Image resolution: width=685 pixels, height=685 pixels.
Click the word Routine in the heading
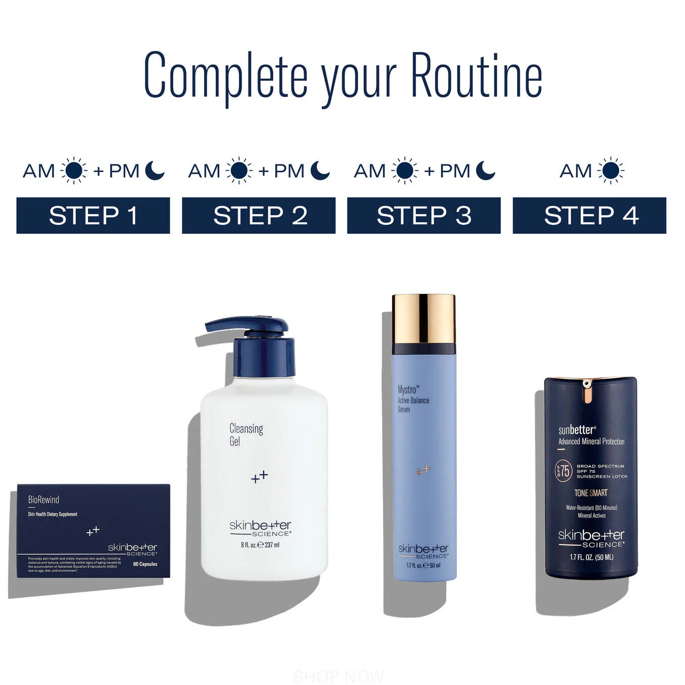pyautogui.click(x=476, y=76)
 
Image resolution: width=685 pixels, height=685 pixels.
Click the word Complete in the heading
pyautogui.click(x=226, y=76)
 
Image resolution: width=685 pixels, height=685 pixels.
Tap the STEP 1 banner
pyautogui.click(x=93, y=216)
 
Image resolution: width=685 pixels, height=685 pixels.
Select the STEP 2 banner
pyautogui.click(x=259, y=216)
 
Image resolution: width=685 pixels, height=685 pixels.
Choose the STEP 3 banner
pyautogui.click(x=424, y=216)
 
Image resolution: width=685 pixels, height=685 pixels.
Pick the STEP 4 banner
pyautogui.click(x=590, y=216)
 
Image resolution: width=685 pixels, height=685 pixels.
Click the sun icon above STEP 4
pyautogui.click(x=610, y=171)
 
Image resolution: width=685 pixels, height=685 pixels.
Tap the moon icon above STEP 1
pyautogui.click(x=154, y=171)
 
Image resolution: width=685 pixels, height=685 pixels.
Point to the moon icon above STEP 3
pyautogui.click(x=485, y=171)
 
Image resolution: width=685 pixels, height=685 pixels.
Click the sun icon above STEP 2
pyautogui.click(x=239, y=171)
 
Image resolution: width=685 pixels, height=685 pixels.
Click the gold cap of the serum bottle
pyautogui.click(x=424, y=318)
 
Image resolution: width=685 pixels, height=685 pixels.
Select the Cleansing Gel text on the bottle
pyautogui.click(x=246, y=434)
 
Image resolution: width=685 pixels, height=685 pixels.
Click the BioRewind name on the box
pyautogui.click(x=44, y=500)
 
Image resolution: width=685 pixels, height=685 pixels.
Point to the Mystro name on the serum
pyautogui.click(x=408, y=389)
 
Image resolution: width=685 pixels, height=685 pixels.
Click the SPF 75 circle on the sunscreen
pyautogui.click(x=563, y=471)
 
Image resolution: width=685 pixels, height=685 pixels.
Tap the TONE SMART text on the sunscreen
pyautogui.click(x=591, y=493)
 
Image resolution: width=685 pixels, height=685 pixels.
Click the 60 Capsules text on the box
pyautogui.click(x=145, y=564)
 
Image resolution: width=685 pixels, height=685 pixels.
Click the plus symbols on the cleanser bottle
pyautogui.click(x=260, y=476)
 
